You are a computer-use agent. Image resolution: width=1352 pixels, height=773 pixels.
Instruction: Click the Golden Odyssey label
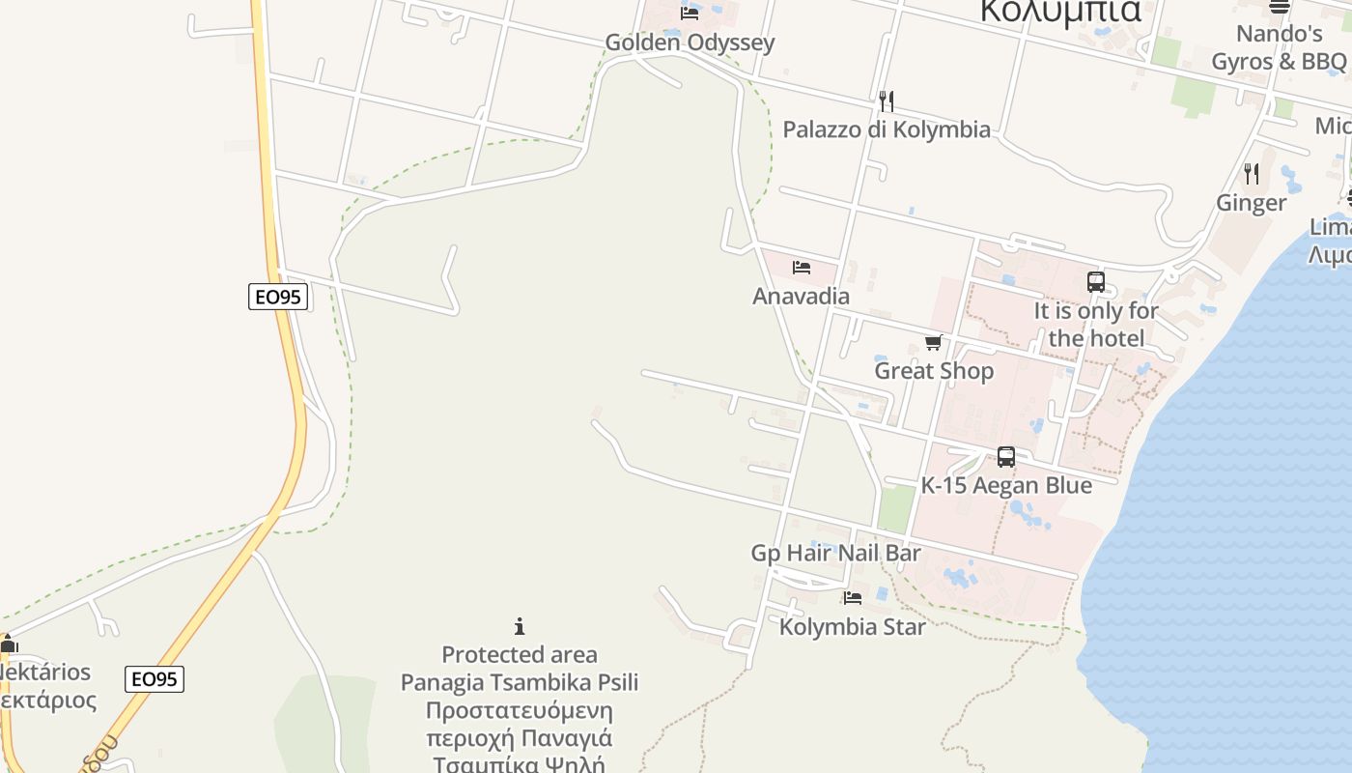[690, 43]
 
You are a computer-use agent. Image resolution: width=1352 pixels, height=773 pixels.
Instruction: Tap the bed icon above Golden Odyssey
[690, 14]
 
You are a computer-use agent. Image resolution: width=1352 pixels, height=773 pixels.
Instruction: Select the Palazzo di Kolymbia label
[887, 129]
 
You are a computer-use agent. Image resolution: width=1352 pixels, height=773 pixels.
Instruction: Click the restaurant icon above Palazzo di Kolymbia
[887, 100]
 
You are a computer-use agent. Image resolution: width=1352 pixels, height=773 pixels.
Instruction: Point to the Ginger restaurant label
[1252, 203]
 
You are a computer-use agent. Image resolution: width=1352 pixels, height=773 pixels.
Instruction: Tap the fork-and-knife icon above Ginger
[1252, 174]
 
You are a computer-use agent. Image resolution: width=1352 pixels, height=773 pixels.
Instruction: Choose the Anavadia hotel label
[802, 297]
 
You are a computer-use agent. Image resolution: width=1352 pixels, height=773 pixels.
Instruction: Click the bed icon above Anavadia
[802, 268]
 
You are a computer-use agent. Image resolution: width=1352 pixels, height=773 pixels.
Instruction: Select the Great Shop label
[934, 371]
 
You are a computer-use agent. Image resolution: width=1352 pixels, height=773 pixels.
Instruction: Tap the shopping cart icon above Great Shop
[934, 342]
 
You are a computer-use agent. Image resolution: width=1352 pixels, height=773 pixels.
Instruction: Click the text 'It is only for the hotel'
[1096, 325]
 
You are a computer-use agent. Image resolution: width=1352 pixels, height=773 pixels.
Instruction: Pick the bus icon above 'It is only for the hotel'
[1096, 282]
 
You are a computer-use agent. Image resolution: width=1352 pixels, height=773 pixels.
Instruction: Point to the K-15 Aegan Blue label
[1006, 486]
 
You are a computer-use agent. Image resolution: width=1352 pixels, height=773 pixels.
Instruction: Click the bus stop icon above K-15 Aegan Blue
[1006, 457]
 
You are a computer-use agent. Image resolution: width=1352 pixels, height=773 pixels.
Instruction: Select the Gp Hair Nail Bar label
[836, 554]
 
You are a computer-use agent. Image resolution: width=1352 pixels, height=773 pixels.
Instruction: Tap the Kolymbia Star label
[853, 627]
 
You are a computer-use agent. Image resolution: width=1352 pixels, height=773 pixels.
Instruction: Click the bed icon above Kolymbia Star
[853, 598]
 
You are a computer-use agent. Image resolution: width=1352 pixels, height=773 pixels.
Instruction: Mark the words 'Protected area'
[520, 655]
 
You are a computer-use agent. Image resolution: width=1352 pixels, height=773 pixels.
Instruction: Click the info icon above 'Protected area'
[520, 626]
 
